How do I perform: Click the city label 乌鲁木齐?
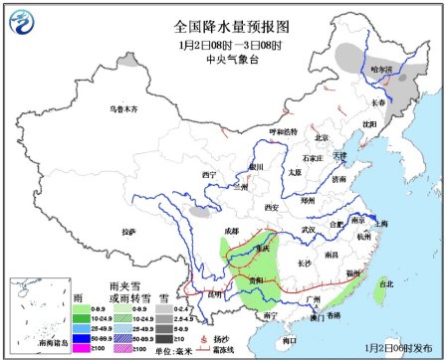(x=126, y=108)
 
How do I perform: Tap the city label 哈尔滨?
(x=381, y=69)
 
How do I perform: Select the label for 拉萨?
(x=127, y=231)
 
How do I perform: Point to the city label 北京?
(x=322, y=137)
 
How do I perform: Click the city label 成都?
(x=232, y=231)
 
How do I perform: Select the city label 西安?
(x=272, y=207)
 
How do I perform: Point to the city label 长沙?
(x=307, y=264)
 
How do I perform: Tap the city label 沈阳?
(x=370, y=124)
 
